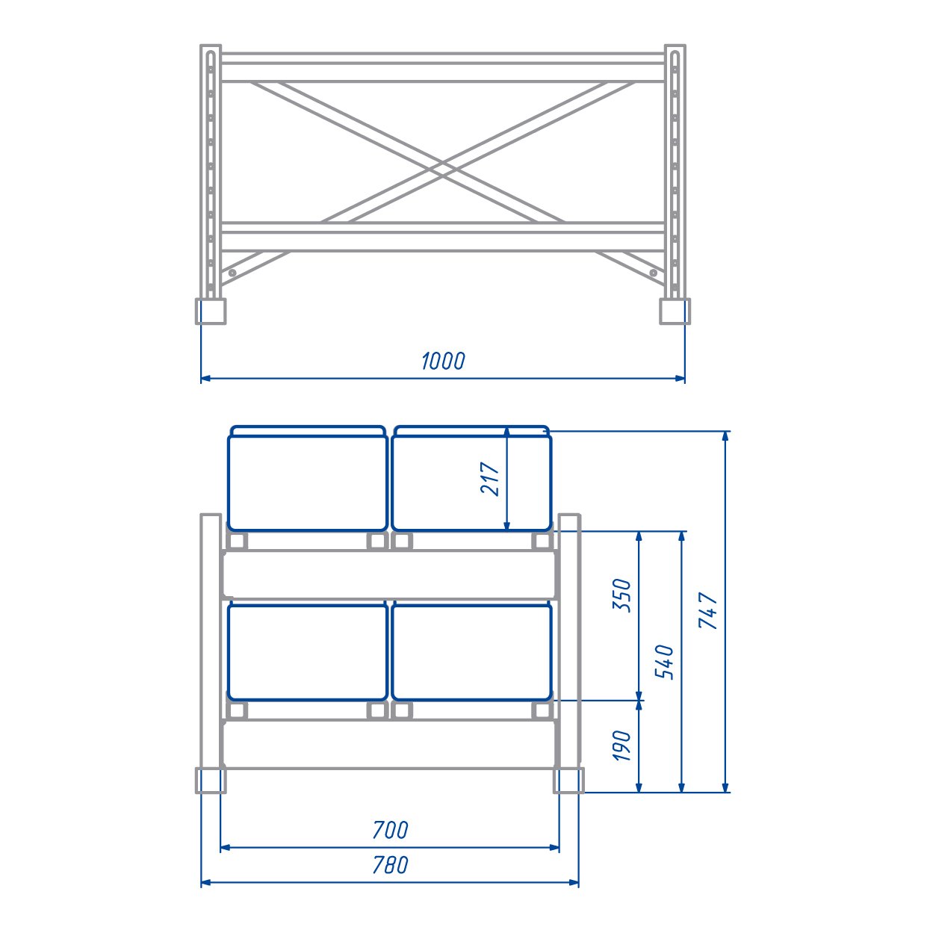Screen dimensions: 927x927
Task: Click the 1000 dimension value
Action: [x=443, y=361]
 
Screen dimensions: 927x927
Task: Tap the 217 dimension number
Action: [x=490, y=479]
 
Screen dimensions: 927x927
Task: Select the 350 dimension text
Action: [x=621, y=595]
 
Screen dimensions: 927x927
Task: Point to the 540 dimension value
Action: [x=664, y=662]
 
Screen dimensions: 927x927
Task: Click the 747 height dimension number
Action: [x=707, y=610]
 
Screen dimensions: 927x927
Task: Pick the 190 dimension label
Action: [x=621, y=745]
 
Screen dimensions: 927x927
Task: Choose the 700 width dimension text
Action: [x=390, y=830]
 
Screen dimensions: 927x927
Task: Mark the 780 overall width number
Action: [x=390, y=865]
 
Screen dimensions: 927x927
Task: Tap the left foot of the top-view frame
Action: [x=210, y=311]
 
